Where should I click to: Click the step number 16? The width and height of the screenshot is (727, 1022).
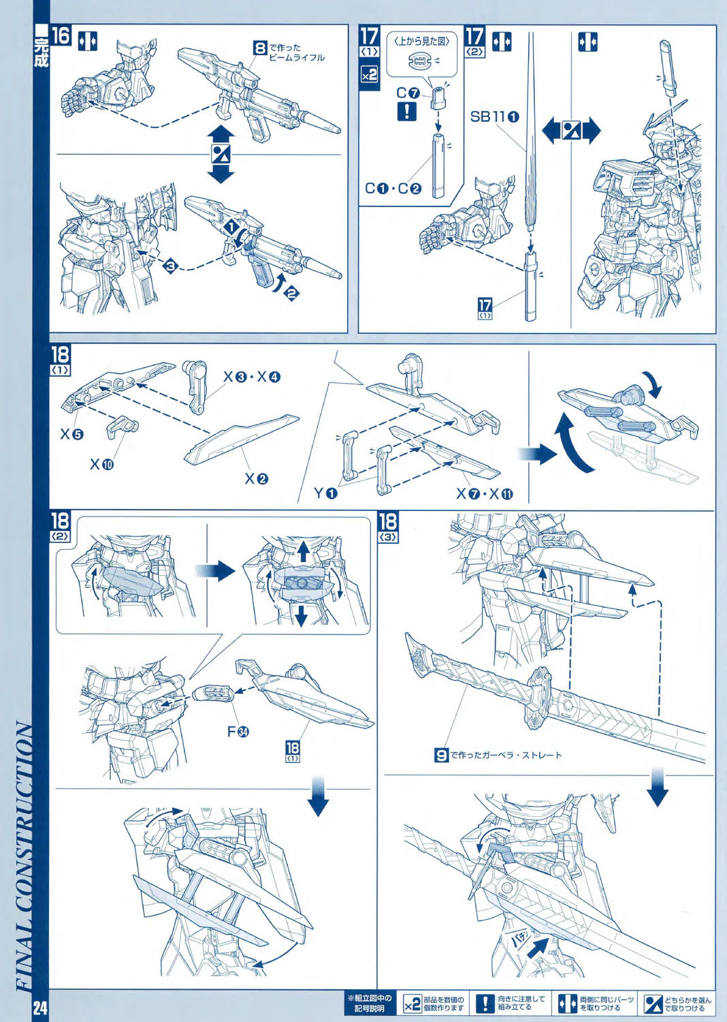click(61, 35)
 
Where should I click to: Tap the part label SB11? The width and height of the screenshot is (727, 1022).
click(494, 117)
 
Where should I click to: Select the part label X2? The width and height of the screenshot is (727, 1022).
click(257, 479)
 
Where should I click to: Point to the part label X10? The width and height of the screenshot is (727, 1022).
click(102, 465)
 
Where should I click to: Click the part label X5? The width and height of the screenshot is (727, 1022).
click(71, 434)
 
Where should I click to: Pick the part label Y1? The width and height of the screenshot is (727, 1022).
click(325, 493)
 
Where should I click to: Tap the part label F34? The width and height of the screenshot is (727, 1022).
click(238, 732)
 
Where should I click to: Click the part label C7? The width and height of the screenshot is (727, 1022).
click(408, 93)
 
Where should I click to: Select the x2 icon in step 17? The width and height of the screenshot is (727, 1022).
click(369, 76)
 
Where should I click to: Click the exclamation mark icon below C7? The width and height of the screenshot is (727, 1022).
click(406, 111)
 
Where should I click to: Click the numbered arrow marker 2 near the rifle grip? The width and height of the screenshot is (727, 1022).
click(291, 294)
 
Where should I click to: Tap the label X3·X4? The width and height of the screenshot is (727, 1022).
click(252, 377)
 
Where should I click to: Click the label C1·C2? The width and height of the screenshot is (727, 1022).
click(393, 189)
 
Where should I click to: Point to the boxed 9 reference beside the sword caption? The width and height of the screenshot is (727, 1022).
click(441, 755)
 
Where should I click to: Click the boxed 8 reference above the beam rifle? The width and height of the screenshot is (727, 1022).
click(260, 48)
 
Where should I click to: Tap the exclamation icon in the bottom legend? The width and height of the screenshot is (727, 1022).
click(484, 1004)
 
